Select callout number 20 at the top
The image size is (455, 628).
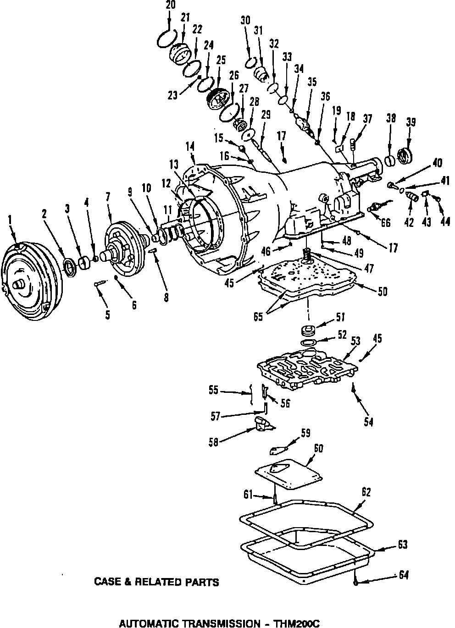(170, 5)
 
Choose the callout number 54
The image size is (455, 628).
(368, 422)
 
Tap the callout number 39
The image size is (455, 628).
(411, 122)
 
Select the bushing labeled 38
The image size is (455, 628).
(390, 161)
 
